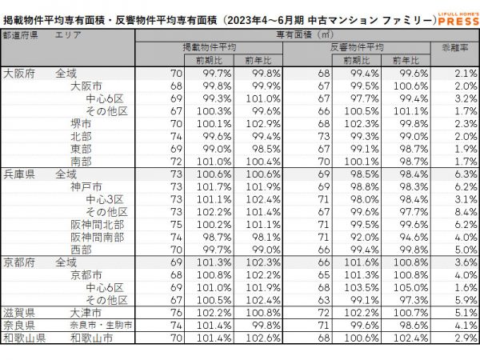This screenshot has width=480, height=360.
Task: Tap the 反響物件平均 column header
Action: click(357, 48)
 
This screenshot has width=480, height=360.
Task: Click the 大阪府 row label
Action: click(19, 73)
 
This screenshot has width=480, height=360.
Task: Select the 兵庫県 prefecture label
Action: click(19, 174)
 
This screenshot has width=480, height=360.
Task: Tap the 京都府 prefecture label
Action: click(19, 262)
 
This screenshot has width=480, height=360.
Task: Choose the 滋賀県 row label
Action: click(19, 313)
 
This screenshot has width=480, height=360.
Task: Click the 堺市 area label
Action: click(81, 123)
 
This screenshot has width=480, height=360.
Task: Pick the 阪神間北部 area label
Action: click(97, 224)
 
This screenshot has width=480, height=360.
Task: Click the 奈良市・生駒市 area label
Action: click(100, 326)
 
